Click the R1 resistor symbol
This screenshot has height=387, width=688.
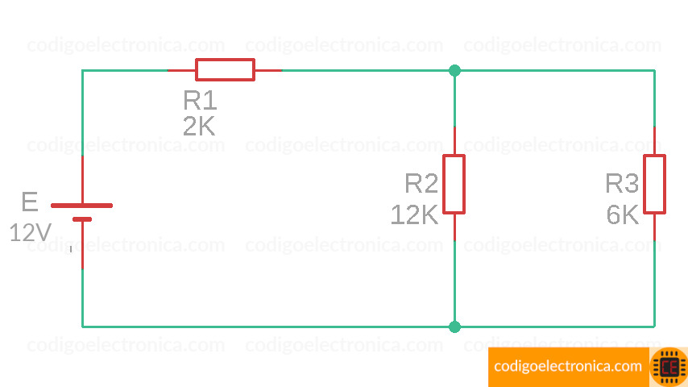(x=225, y=70)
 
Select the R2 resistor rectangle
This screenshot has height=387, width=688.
(x=454, y=184)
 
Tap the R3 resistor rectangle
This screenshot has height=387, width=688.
(x=654, y=184)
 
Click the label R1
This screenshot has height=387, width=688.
(x=200, y=101)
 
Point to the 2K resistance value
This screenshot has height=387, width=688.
(x=199, y=127)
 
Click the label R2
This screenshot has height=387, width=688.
(x=421, y=184)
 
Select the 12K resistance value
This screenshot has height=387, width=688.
(x=414, y=214)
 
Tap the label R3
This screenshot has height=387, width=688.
(x=622, y=184)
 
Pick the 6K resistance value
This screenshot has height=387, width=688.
(x=622, y=214)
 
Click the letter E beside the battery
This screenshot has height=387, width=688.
(x=29, y=202)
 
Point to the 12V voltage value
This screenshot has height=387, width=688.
(x=31, y=233)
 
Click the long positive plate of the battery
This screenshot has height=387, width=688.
(x=82, y=205)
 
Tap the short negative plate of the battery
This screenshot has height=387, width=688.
(x=82, y=218)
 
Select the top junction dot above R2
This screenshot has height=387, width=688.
(x=454, y=70)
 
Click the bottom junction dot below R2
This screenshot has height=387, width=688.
(x=454, y=327)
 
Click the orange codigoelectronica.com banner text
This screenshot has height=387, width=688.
(x=568, y=366)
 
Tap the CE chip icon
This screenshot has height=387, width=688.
(x=668, y=367)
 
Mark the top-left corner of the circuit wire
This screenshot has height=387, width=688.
(x=82, y=70)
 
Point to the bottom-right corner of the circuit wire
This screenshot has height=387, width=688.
(x=654, y=327)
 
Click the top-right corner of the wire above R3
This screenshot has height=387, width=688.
(x=654, y=70)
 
